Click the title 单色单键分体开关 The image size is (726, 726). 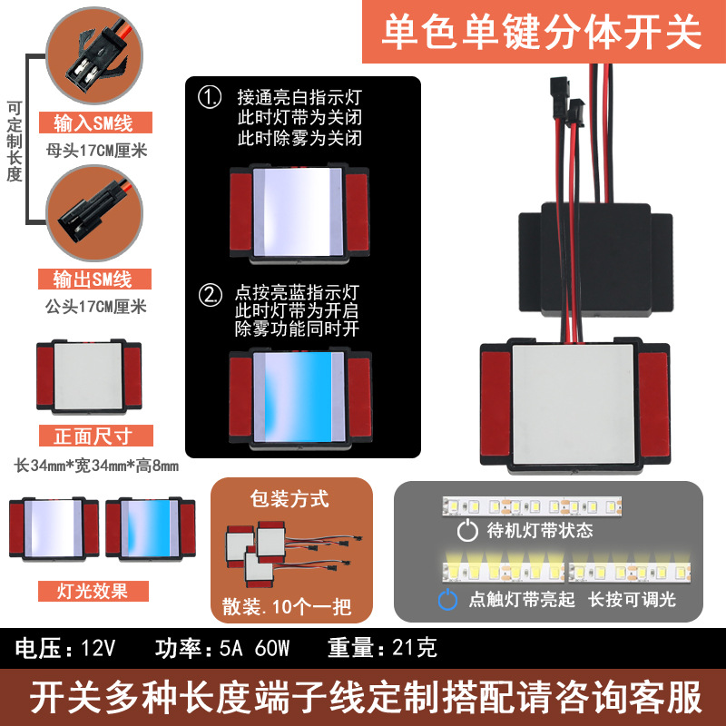pos(541,33)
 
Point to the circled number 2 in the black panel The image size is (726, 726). pos(211,293)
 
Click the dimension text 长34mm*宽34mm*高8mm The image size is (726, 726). pos(97,466)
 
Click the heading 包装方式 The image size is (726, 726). pos(289,498)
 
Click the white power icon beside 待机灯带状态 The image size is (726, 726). pos(467,531)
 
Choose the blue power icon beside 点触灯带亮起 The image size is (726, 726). pos(447,600)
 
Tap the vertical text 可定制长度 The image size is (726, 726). pos(14,141)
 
